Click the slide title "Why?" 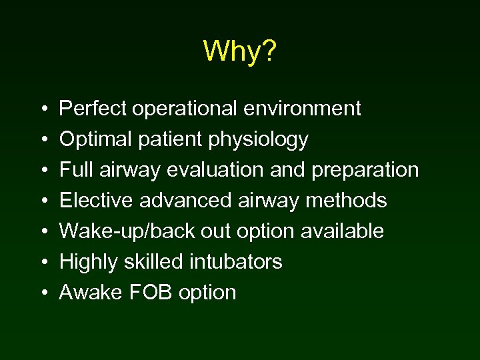(x=239, y=51)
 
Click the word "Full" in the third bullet (x=72, y=169)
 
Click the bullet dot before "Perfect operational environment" (x=43, y=109)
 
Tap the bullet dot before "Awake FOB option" (x=43, y=293)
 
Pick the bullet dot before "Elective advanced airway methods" (x=43, y=201)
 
